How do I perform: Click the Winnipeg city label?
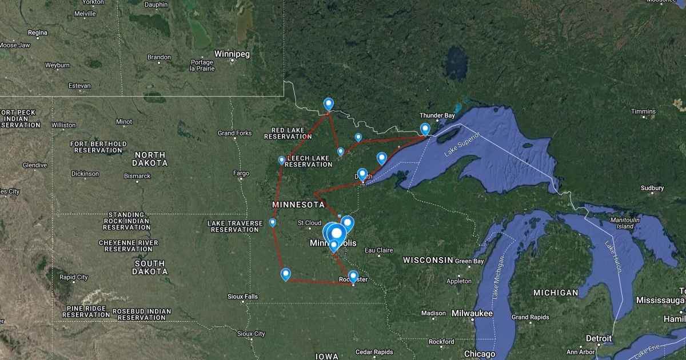[x=232, y=54]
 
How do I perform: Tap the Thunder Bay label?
[x=437, y=115]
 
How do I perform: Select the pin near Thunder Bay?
[x=425, y=130]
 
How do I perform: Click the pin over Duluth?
[x=362, y=174]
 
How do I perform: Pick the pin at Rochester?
[x=353, y=276]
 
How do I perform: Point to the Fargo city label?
[x=241, y=173]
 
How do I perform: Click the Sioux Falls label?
[x=242, y=297]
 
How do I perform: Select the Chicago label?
[x=480, y=354]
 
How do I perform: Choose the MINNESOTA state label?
[x=298, y=205]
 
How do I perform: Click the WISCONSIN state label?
[x=428, y=261]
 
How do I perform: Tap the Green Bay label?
[x=470, y=261]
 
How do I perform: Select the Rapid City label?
[x=74, y=277]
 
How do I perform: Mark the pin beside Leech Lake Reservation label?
[x=281, y=160]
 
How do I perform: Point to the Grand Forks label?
[x=234, y=133]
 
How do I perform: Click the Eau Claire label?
[x=378, y=250]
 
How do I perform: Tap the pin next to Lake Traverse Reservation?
[x=273, y=222]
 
